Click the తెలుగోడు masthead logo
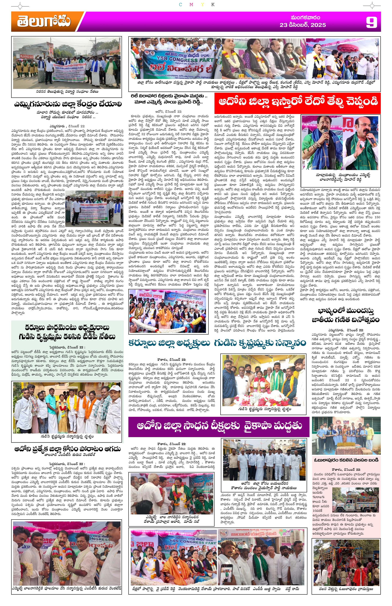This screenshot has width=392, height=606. [44, 22]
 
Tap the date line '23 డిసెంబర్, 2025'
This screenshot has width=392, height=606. [302, 25]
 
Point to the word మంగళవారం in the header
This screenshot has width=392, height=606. [305, 18]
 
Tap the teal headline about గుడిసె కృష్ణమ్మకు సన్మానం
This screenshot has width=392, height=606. [217, 343]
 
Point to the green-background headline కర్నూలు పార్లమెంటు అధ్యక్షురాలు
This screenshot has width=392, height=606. [67, 332]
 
